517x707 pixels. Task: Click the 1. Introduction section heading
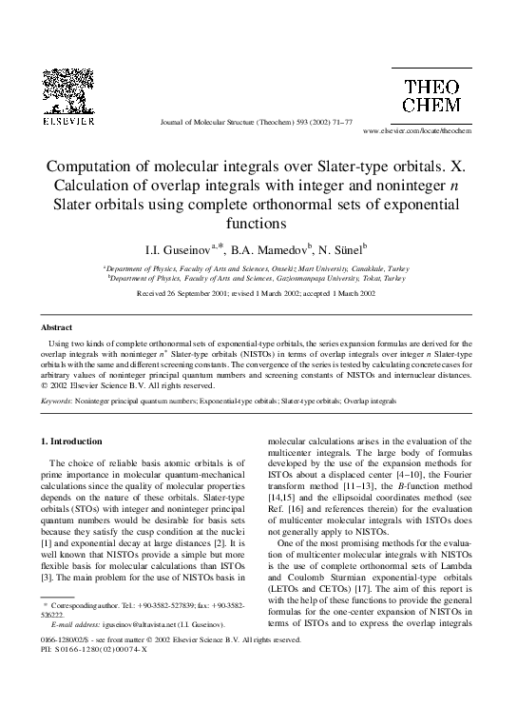tap(74, 442)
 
